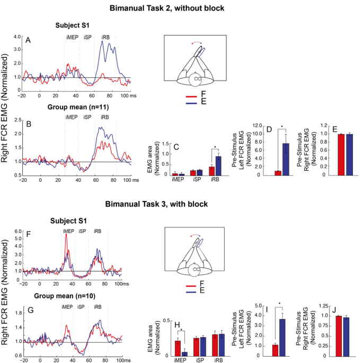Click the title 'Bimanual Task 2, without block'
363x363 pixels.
(x=167, y=8)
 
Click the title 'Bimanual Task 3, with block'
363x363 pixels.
(x=156, y=204)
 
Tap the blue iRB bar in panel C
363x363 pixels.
(x=218, y=166)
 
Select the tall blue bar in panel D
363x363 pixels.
(x=286, y=160)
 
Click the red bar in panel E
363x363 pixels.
(x=341, y=155)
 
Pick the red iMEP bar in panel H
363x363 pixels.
(x=178, y=348)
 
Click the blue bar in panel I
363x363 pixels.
(x=282, y=338)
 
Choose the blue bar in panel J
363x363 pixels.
(x=347, y=337)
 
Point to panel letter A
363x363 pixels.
(x=28, y=40)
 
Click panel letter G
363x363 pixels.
(x=31, y=310)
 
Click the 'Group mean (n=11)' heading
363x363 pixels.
(x=78, y=107)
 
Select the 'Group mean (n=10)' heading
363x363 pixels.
(x=65, y=296)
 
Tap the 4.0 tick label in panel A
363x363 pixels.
(x=17, y=37)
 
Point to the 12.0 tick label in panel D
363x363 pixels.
(x=257, y=126)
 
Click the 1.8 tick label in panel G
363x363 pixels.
(x=19, y=313)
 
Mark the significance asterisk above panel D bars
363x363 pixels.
(x=282, y=127)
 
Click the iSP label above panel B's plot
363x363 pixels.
(x=87, y=117)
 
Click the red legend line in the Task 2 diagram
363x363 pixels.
(x=191, y=96)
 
